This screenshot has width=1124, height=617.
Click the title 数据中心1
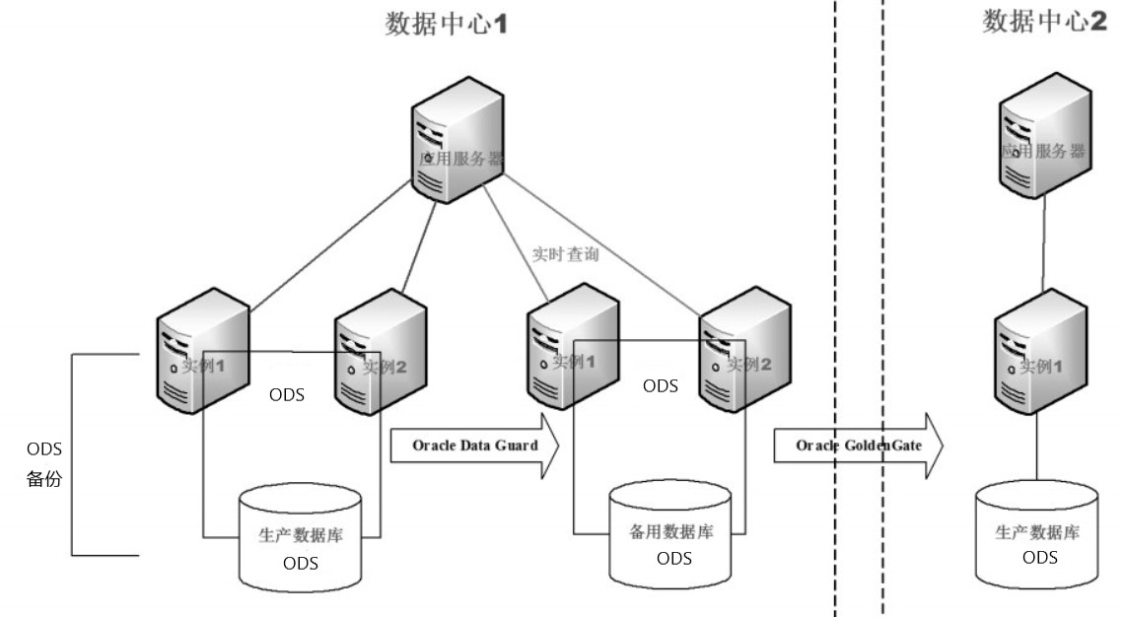(446, 25)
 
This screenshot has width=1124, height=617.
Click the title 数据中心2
(1044, 22)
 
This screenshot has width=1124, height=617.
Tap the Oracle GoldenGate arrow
(858, 446)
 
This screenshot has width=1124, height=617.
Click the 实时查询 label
(565, 253)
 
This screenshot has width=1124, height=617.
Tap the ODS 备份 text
(42, 465)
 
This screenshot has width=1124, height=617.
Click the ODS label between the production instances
(286, 395)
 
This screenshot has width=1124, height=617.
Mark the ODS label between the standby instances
(660, 386)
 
